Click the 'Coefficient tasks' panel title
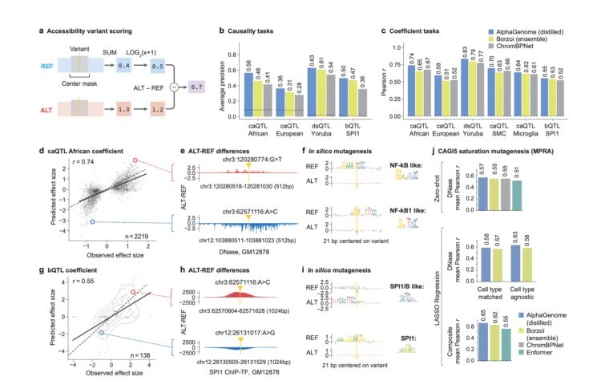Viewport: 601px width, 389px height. [426, 30]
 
